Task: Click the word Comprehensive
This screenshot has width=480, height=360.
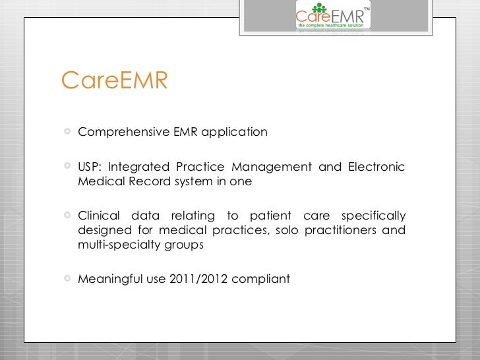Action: coord(115,132)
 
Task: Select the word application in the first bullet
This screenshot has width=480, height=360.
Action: coord(235,132)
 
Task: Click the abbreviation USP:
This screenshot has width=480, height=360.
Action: coord(89,167)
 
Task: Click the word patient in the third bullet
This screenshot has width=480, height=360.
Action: coord(272,216)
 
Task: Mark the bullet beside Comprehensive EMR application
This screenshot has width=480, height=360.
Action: coord(67,132)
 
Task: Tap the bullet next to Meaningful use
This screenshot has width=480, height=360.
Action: coord(67,279)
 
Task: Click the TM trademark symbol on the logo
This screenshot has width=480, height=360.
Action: coord(367,8)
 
